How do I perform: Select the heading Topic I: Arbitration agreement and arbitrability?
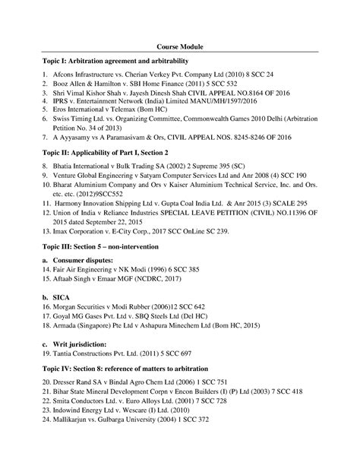click(x=115, y=59)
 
